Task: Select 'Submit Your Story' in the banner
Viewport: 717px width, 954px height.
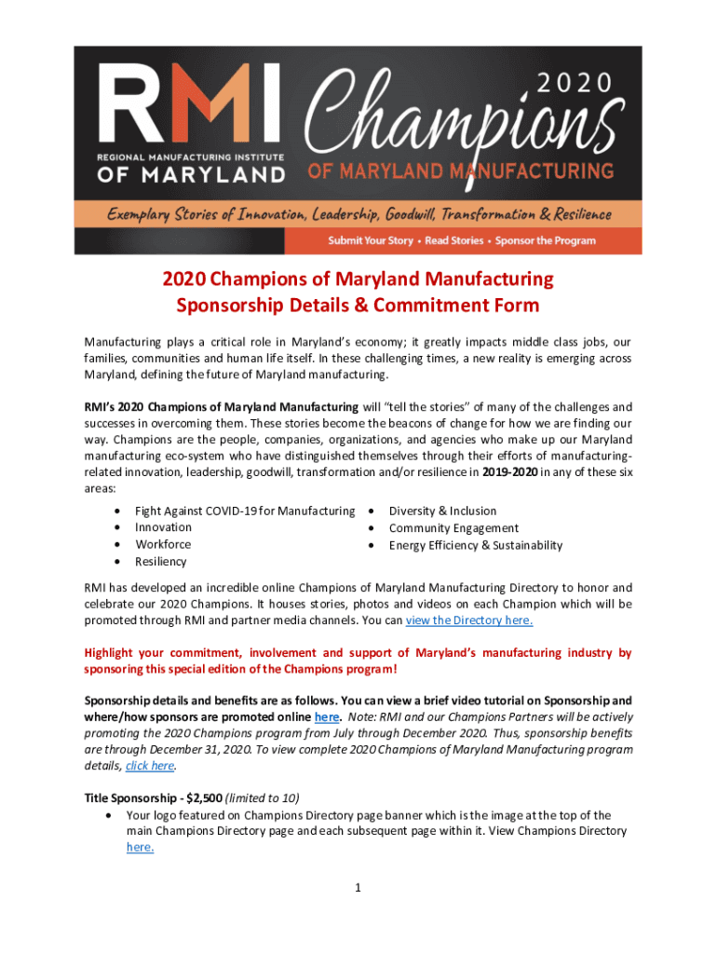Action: coord(370,240)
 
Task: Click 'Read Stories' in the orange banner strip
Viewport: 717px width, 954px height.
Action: coord(455,240)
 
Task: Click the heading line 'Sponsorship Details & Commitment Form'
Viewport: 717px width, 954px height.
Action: coord(358,306)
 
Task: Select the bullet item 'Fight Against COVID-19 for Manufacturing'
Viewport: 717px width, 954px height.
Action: coord(245,511)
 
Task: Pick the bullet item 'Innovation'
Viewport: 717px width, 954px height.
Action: coord(164,527)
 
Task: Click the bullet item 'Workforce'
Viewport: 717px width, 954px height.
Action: coord(163,544)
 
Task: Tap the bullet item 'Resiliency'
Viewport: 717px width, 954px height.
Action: coord(161,562)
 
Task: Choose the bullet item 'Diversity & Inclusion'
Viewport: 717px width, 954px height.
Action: coord(442,511)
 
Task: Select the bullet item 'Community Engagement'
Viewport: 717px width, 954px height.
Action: coord(453,527)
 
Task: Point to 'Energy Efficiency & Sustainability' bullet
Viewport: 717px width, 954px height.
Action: coord(476,545)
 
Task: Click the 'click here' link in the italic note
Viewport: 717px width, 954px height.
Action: coord(149,766)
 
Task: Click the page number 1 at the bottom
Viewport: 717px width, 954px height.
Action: coord(358,888)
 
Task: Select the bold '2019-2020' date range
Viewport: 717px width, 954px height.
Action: coord(510,472)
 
